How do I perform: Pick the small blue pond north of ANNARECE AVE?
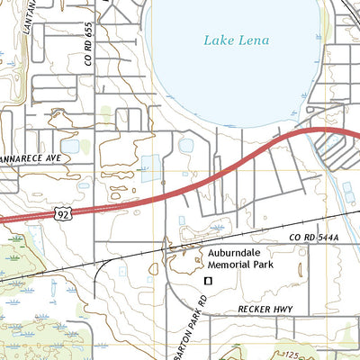pos(69,145)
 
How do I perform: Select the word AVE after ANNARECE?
pos(58,156)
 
